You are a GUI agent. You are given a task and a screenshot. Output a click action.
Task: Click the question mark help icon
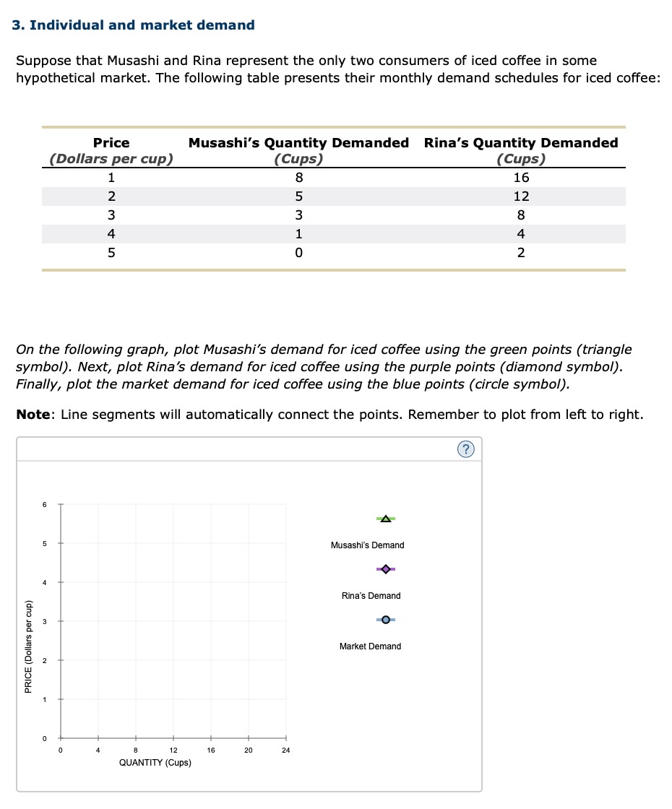click(466, 450)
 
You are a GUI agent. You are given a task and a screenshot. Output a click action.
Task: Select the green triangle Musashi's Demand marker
click(386, 519)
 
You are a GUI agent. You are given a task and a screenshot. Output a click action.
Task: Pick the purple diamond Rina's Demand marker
click(386, 569)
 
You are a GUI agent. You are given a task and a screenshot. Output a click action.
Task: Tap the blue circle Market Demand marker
click(386, 620)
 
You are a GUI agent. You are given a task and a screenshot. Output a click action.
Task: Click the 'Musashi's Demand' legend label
click(367, 545)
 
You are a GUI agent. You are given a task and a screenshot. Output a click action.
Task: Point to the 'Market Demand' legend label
click(370, 646)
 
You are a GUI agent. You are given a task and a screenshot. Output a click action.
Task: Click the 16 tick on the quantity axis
click(211, 750)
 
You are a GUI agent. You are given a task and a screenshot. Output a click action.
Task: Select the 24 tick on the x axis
click(286, 750)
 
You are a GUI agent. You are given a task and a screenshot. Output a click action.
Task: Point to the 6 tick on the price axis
click(44, 504)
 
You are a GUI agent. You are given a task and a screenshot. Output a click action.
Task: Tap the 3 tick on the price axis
click(44, 621)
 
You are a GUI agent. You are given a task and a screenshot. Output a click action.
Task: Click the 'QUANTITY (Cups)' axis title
click(155, 763)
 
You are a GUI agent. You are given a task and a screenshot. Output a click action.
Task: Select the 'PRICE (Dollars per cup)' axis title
click(28, 647)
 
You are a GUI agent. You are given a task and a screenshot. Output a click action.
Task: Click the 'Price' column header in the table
click(111, 143)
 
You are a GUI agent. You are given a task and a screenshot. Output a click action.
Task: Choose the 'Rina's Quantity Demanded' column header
click(520, 143)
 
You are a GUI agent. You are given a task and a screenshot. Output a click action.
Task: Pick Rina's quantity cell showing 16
click(521, 178)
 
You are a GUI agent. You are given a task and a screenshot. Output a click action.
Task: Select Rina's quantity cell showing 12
click(521, 196)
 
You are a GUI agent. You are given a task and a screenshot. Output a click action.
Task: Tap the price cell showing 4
click(111, 234)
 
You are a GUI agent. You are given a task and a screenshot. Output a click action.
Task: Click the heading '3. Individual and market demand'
click(134, 25)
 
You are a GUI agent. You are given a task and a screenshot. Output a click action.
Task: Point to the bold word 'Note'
click(32, 415)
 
